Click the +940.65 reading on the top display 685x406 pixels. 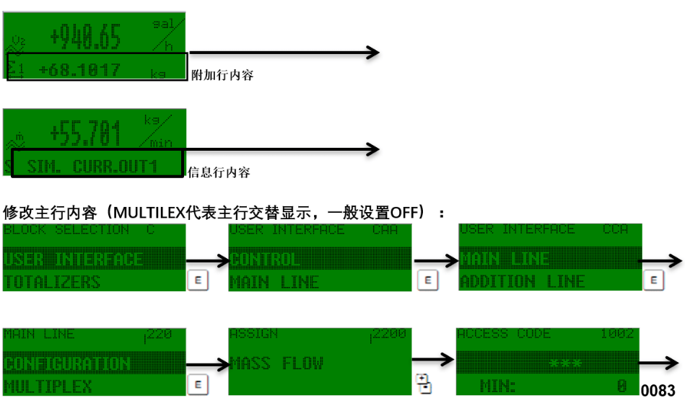click(x=85, y=36)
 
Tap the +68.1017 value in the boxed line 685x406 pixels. click(x=79, y=71)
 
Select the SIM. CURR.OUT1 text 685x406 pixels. click(x=92, y=167)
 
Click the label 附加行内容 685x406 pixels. click(x=222, y=75)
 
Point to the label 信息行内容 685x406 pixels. click(x=219, y=172)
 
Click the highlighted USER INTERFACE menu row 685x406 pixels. click(x=74, y=259)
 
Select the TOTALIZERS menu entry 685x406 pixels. click(x=53, y=282)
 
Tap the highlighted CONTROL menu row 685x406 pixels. click(x=264, y=259)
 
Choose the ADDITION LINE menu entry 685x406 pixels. click(x=523, y=281)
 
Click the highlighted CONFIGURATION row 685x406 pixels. click(x=67, y=363)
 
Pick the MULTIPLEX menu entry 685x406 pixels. click(x=48, y=387)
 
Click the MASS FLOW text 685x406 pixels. click(x=276, y=363)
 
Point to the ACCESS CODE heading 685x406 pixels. click(x=504, y=334)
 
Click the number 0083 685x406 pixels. click(x=658, y=391)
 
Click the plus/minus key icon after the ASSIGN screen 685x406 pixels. click(x=424, y=383)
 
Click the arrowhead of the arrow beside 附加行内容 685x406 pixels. click(x=373, y=52)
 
